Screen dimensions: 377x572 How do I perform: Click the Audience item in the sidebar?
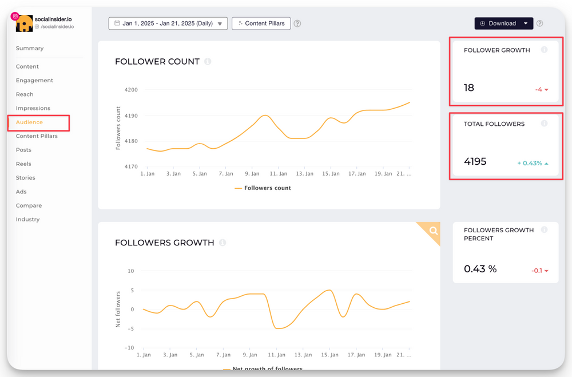pos(29,122)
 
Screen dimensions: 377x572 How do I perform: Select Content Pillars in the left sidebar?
pos(37,136)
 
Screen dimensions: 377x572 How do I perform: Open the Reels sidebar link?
pos(23,164)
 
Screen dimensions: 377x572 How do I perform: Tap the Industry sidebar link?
pos(27,220)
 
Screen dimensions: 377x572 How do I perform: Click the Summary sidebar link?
pos(30,49)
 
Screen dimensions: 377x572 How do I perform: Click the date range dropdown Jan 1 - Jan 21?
pos(168,23)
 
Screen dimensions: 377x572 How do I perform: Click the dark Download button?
pos(498,23)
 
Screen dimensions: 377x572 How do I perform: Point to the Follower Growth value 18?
pos(469,88)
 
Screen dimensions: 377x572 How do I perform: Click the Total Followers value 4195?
pos(475,162)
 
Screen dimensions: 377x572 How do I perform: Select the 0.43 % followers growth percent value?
pos(480,269)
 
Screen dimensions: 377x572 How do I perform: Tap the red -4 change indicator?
pos(541,90)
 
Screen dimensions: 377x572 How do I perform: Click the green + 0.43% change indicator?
pos(532,164)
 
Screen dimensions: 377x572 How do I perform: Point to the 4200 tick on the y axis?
pos(131,90)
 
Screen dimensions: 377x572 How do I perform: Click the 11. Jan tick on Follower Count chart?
pos(278,174)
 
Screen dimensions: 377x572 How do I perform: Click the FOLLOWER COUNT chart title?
pos(157,62)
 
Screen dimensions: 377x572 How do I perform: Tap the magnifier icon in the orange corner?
pos(434,231)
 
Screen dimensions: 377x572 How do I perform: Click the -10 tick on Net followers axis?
pos(130,348)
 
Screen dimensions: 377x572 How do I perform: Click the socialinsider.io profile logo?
pos(24,23)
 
